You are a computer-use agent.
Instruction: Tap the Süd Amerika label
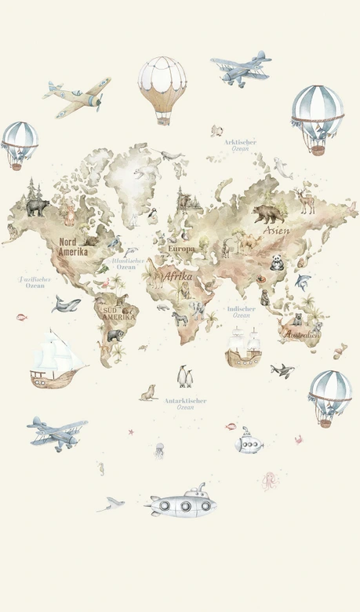118,313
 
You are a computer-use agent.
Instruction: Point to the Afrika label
177,276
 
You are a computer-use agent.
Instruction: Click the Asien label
275,231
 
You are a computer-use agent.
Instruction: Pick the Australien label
301,335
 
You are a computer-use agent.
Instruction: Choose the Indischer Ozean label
241,311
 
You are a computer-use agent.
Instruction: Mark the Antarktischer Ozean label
185,403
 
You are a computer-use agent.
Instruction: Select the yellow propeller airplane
77,97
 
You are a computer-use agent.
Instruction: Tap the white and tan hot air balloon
162,87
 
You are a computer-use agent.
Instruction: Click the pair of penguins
185,377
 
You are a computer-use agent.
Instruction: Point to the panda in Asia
277,263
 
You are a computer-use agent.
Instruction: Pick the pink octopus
270,480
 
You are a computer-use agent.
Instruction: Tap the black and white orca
282,370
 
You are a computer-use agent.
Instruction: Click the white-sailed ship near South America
56,359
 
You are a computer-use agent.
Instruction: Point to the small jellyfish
159,450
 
